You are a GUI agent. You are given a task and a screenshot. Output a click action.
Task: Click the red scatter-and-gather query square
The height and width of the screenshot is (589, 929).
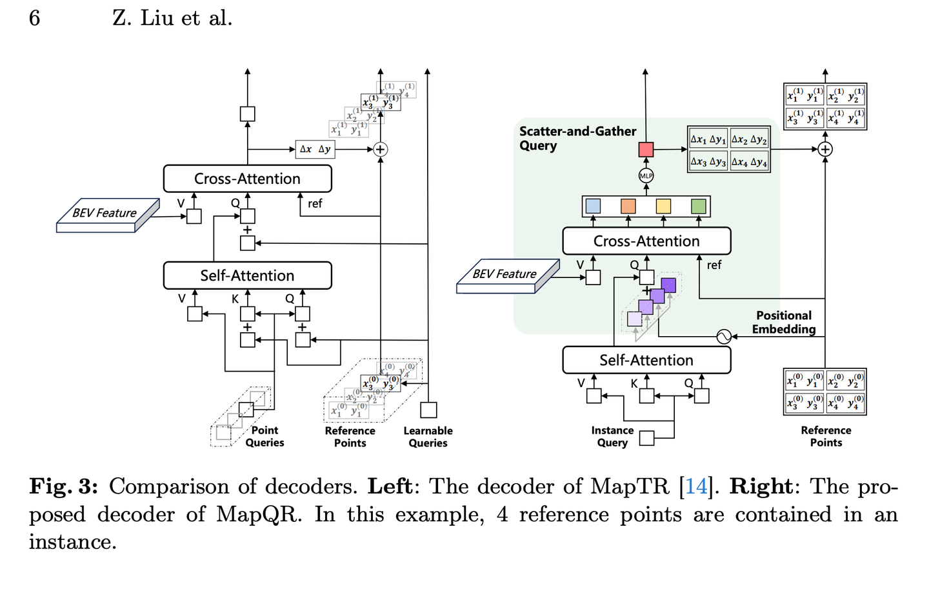pyautogui.click(x=646, y=150)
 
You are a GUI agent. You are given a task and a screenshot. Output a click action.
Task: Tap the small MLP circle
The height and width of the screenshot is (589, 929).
pyautogui.click(x=646, y=175)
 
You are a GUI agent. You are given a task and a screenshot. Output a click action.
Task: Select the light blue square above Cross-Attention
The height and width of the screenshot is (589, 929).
pyautogui.click(x=593, y=206)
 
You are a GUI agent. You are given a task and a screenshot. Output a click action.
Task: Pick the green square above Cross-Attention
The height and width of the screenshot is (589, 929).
pyautogui.click(x=699, y=206)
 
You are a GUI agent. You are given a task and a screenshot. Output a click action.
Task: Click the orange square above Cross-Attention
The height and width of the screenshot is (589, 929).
pyautogui.click(x=628, y=206)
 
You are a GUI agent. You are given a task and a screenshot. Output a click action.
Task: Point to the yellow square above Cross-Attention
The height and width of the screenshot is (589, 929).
pyautogui.click(x=663, y=206)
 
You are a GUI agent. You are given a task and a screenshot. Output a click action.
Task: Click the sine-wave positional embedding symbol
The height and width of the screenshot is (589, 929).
pyautogui.click(x=724, y=336)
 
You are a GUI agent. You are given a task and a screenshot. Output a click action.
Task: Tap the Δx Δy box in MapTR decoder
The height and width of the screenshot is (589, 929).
pyautogui.click(x=315, y=150)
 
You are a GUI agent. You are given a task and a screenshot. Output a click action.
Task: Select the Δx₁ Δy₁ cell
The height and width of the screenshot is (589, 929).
pyautogui.click(x=708, y=139)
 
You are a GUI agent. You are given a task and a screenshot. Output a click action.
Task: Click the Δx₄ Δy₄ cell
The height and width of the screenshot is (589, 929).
pyautogui.click(x=749, y=162)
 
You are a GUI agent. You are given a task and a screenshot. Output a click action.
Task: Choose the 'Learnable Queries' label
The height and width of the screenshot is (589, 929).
pyautogui.click(x=428, y=437)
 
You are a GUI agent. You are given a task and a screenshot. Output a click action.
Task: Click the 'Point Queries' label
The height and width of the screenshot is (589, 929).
pyautogui.click(x=265, y=436)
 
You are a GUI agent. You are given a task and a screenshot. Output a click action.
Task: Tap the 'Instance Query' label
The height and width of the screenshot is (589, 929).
pyautogui.click(x=612, y=436)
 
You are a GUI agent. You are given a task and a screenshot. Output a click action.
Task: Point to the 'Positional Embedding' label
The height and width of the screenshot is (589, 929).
pyautogui.click(x=784, y=322)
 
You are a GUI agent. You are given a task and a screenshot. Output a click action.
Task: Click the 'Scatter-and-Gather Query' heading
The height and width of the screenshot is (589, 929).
pyautogui.click(x=577, y=138)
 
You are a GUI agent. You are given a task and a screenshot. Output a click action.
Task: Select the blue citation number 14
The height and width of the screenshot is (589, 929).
pyautogui.click(x=696, y=486)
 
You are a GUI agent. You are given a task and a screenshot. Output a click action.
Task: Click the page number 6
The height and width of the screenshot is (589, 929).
pyautogui.click(x=35, y=18)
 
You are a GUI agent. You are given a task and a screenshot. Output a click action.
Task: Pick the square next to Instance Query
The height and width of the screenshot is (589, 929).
pyautogui.click(x=646, y=439)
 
